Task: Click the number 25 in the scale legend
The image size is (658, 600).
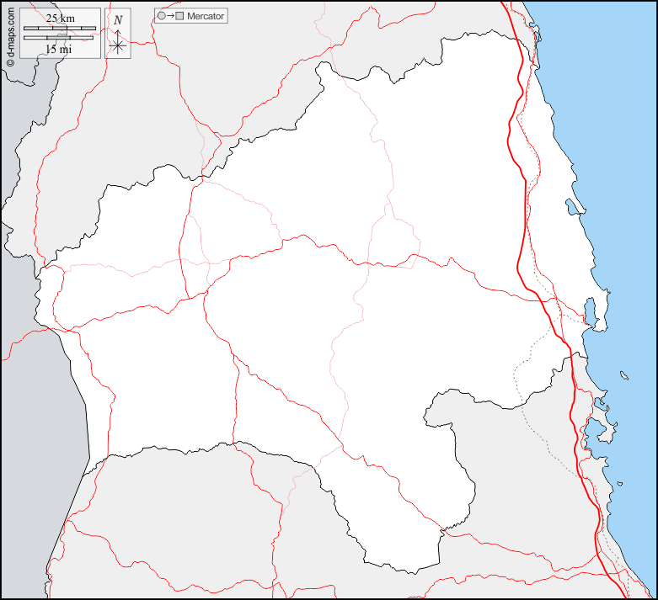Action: click(x=52, y=18)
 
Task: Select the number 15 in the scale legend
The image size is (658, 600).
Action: click(x=52, y=49)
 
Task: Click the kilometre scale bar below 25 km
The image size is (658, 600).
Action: click(x=59, y=29)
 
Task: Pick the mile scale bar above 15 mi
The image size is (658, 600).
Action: click(x=59, y=38)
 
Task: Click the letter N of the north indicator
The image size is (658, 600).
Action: click(x=118, y=19)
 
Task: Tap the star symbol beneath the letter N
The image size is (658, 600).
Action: click(x=118, y=45)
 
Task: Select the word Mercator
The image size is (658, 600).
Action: click(x=206, y=16)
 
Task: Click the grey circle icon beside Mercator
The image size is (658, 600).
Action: click(x=161, y=16)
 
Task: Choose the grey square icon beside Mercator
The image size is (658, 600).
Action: click(x=179, y=16)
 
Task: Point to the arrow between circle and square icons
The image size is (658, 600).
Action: click(x=170, y=16)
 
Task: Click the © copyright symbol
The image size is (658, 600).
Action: click(x=10, y=61)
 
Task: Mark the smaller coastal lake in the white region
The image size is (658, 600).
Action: click(x=573, y=206)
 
